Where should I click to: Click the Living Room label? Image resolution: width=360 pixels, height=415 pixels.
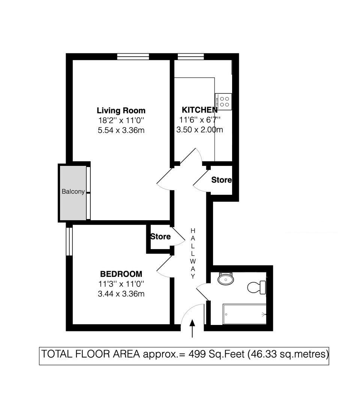(121, 111)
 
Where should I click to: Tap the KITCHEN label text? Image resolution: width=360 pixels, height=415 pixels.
(199, 110)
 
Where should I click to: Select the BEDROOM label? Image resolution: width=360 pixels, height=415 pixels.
(121, 274)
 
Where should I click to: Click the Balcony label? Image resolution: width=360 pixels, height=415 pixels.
(73, 192)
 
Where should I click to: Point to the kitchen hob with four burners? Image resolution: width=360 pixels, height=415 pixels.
(225, 102)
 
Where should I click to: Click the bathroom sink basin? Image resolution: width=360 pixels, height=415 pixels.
(226, 279)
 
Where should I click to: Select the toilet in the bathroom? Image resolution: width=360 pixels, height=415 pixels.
(256, 287)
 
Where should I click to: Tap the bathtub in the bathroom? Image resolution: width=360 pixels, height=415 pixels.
(245, 314)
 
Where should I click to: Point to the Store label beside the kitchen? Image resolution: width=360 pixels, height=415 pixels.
(221, 180)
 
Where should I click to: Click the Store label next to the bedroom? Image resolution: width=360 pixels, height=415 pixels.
(160, 237)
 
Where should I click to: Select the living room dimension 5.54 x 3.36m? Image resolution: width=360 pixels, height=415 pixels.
(121, 131)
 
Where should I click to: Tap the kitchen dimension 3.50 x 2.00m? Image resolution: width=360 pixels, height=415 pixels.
(199, 130)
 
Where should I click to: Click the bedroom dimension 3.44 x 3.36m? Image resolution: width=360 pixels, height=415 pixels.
(121, 293)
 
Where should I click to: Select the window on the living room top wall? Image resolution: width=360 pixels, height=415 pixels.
(133, 56)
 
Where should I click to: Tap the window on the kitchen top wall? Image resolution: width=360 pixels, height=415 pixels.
(190, 56)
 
